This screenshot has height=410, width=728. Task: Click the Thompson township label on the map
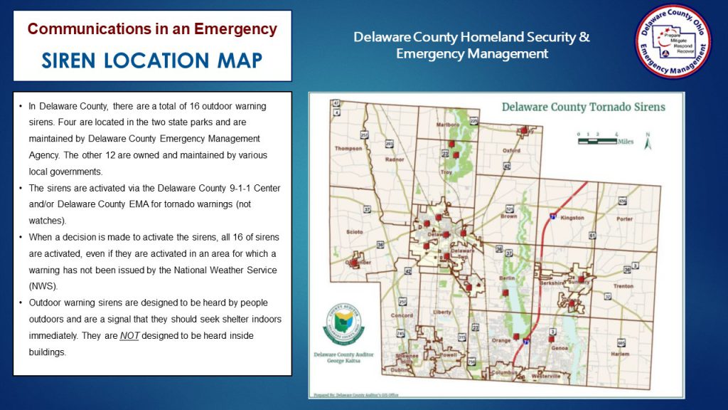click(x=348, y=149)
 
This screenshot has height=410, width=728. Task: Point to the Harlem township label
click(x=620, y=354)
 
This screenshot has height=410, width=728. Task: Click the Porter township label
click(x=624, y=219)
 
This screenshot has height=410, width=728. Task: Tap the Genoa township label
click(x=560, y=348)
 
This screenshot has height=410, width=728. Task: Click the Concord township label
click(x=402, y=315)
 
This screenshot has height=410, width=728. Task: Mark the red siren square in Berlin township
click(x=505, y=293)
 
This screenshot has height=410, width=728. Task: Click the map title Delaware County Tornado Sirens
click(x=583, y=107)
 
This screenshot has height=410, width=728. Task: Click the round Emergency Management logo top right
click(x=673, y=41)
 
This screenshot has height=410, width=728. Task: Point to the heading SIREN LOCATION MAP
click(x=151, y=61)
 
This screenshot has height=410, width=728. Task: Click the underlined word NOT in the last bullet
click(x=129, y=335)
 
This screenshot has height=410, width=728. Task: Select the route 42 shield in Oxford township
click(x=506, y=167)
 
